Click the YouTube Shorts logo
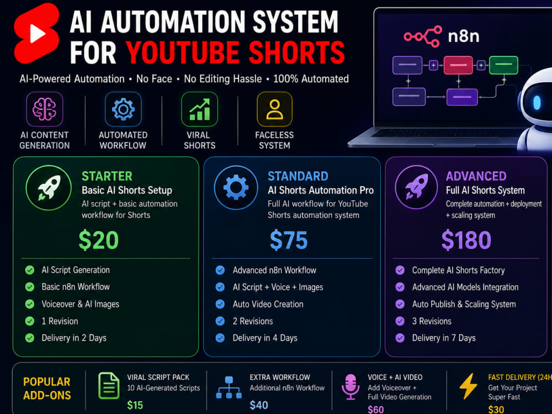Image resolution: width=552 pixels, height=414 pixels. [36, 34]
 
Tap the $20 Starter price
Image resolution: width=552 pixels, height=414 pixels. [99, 240]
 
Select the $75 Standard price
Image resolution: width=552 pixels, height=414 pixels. [289, 240]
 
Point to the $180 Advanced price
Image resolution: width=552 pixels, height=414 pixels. [466, 240]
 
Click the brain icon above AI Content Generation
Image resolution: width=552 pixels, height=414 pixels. [44, 109]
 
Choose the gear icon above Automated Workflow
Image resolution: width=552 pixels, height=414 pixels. [123, 109]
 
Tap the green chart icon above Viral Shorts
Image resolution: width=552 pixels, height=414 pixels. [200, 109]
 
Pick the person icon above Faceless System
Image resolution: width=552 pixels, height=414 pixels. [274, 109]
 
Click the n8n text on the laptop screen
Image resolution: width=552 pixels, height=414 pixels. [463, 36]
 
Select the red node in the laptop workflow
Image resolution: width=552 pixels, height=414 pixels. [458, 65]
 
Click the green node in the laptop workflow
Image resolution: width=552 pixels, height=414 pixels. [503, 65]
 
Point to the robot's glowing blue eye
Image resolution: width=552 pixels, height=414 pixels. [537, 103]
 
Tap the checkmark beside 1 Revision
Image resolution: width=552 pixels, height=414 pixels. [30, 321]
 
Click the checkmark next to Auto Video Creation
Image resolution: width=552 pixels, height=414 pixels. [220, 304]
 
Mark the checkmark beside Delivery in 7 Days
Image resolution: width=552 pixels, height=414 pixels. [400, 338]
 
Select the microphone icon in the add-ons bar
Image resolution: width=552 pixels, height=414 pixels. [351, 386]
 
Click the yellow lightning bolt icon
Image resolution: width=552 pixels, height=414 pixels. [468, 386]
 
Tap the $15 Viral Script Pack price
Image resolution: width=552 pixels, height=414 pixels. [135, 405]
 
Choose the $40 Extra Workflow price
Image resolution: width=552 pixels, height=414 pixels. [259, 405]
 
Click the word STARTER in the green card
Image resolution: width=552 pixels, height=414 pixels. [107, 176]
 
